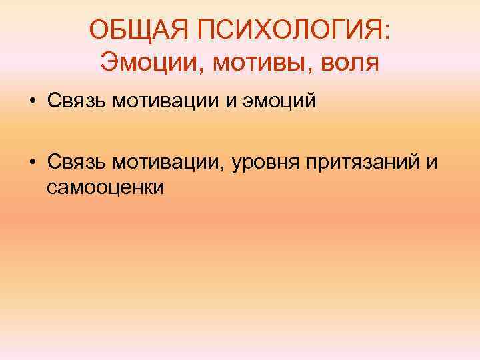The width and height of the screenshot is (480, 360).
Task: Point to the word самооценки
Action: coord(105,189)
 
